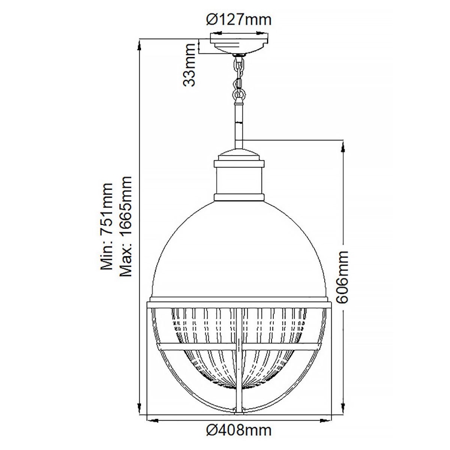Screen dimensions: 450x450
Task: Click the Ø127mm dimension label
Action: click(x=238, y=20)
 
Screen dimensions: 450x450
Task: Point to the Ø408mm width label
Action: click(x=238, y=430)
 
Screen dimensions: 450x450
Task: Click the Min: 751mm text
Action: click(x=107, y=227)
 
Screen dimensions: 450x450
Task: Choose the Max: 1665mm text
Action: click(x=126, y=227)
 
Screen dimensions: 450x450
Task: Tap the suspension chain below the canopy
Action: click(x=239, y=78)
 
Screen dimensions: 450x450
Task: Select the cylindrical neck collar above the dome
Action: click(x=239, y=181)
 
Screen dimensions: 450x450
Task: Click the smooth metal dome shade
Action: click(x=239, y=249)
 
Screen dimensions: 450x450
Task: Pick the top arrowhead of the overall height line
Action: click(x=139, y=43)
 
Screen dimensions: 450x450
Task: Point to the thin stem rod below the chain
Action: click(x=239, y=124)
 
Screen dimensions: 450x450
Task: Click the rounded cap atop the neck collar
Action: click(x=239, y=156)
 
